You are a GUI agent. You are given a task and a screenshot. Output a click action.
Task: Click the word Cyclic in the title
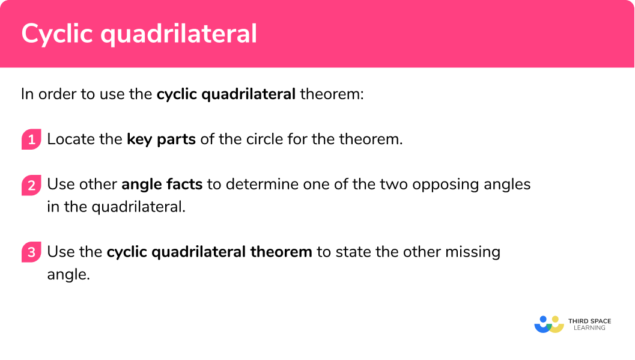[x=57, y=34]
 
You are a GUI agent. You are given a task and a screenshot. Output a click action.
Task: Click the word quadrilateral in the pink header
[x=178, y=34]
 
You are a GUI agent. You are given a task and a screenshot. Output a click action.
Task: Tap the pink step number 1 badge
[x=31, y=140]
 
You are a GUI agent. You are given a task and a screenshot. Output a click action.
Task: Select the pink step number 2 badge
[x=31, y=185]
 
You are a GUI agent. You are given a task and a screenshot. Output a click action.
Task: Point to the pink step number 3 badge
[x=31, y=252]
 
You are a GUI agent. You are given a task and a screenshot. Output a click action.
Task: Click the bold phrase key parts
[x=161, y=139]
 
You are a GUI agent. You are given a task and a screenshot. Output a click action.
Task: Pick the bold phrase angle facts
[x=162, y=184]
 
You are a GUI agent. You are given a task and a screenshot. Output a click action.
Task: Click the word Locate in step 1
[x=67, y=139]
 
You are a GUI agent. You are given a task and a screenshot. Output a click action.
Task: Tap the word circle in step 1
[x=264, y=139]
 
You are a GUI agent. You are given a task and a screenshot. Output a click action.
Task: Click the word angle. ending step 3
[x=68, y=275]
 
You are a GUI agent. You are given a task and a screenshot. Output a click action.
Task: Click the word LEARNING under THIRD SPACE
[x=589, y=329]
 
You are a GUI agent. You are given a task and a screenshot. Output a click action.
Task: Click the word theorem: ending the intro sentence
[x=332, y=94]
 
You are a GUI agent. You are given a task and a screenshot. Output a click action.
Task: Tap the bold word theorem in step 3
[x=282, y=251]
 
